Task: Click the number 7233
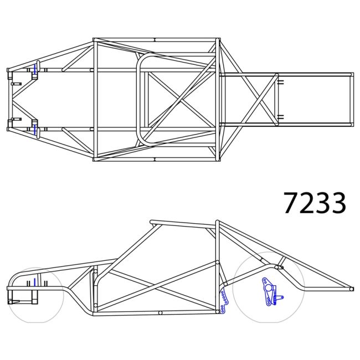point(315,203)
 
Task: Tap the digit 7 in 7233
point(291,203)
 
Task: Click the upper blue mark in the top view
point(35,70)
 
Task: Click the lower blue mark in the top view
point(35,130)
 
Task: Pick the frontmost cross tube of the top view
point(8,100)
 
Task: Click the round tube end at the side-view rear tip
point(351,289)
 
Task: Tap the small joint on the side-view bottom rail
point(160,313)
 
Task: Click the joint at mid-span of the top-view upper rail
point(155,40)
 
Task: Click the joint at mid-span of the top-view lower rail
point(155,160)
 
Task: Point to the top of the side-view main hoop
point(217,223)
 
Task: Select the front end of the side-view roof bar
point(152,223)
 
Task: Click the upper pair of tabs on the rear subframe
point(281,82)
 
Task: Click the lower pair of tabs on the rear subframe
point(281,117)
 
